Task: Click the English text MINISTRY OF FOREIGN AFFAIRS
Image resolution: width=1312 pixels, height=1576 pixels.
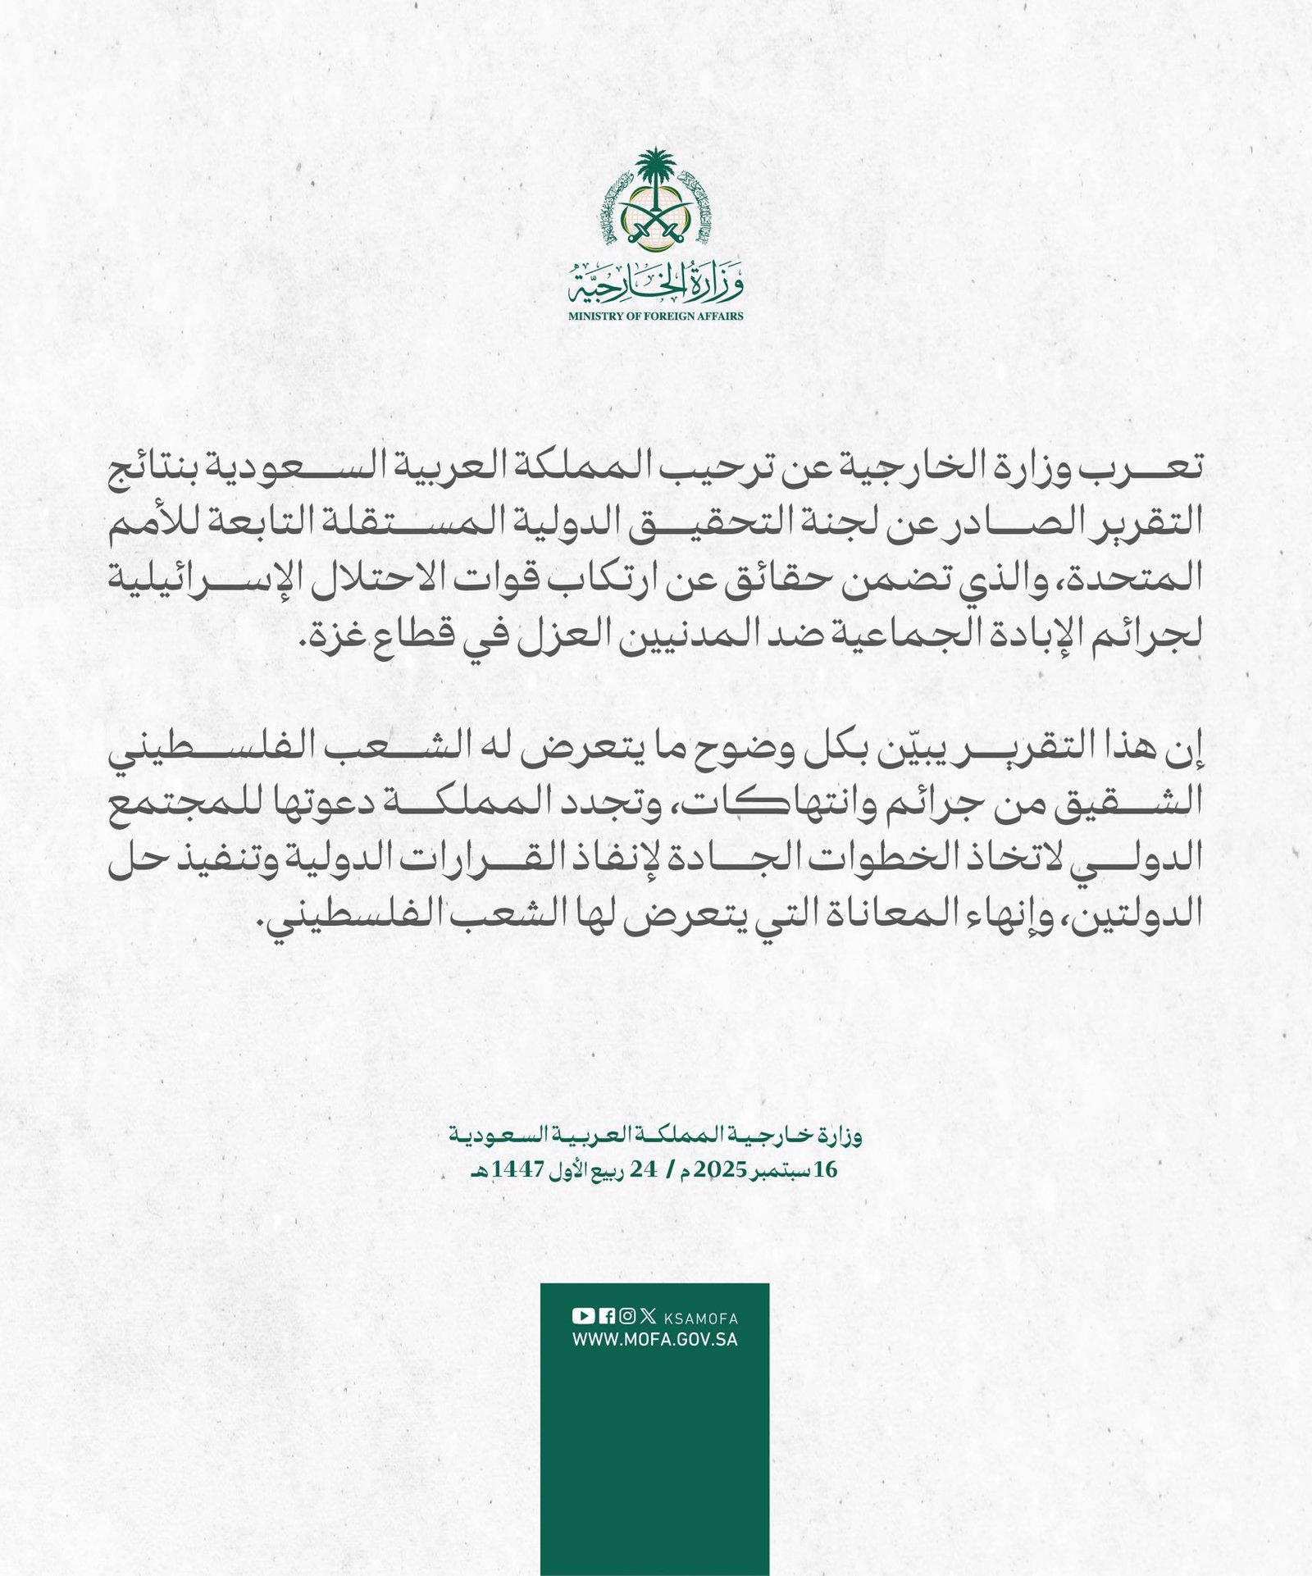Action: (656, 316)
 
